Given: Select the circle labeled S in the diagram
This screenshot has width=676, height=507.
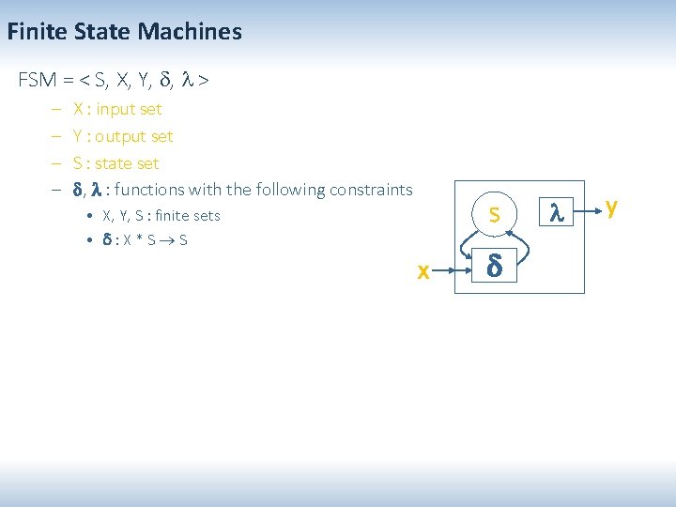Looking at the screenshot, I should tap(494, 216).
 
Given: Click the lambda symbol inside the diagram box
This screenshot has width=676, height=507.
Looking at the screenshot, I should tap(556, 215).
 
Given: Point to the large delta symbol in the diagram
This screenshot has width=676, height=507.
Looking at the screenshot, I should tap(494, 269).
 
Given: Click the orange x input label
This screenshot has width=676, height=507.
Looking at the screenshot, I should tap(423, 271).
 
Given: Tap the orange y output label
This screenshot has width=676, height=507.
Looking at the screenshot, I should tap(611, 207).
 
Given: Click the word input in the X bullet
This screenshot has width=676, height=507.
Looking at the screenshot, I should tap(116, 109).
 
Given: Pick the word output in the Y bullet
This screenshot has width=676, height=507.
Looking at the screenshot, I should tap(121, 136).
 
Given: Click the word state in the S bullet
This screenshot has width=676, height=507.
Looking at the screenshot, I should tap(115, 163).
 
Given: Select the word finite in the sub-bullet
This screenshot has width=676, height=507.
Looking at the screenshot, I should tap(164, 216).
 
